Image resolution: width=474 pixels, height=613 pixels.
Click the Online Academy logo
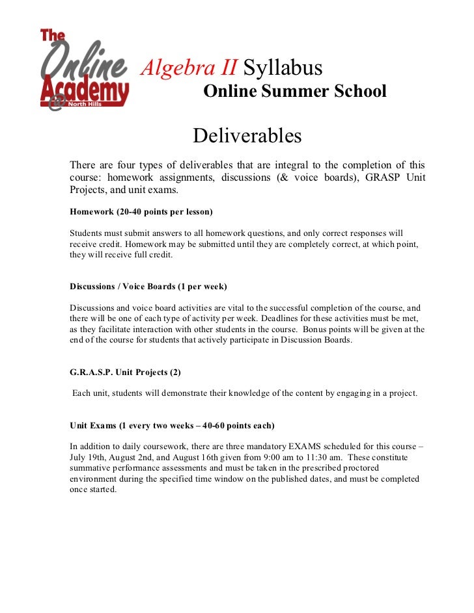[x=84, y=69]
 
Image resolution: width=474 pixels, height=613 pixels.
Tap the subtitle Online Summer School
[x=295, y=92]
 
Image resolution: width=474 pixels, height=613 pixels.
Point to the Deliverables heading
[x=247, y=137]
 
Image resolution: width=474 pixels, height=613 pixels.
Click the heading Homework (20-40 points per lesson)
[x=141, y=212]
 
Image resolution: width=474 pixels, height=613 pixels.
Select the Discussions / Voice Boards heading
[x=148, y=286]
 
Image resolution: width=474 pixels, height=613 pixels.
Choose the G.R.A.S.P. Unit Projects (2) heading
[x=125, y=372]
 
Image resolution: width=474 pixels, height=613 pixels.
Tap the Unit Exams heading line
[x=172, y=426]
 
